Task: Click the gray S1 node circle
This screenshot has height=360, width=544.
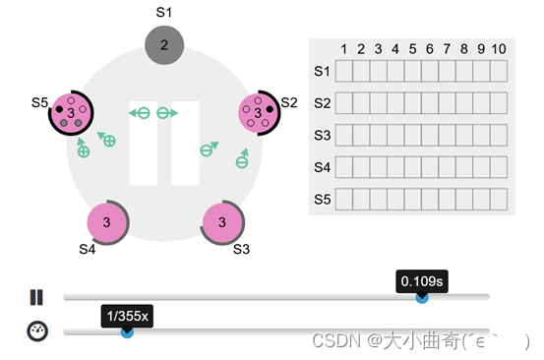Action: tap(164, 44)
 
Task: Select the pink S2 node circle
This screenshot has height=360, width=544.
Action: tap(258, 114)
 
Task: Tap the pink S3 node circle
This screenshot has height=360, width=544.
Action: tap(221, 222)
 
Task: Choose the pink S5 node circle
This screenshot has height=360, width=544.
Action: tap(71, 114)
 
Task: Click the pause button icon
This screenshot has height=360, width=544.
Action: tap(37, 297)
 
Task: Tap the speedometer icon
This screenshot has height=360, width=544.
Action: tap(37, 331)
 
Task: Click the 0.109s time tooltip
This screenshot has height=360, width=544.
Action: tap(422, 282)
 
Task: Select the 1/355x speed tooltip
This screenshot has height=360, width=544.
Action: tap(127, 317)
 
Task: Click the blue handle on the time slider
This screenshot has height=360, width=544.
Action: tap(422, 296)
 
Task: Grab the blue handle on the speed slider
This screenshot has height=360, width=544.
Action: tap(127, 331)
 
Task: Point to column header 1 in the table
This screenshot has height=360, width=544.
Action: tap(343, 49)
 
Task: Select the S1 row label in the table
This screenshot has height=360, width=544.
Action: tap(322, 71)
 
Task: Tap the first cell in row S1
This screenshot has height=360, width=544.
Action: tap(343, 71)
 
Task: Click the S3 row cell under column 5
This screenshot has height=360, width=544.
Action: tap(413, 135)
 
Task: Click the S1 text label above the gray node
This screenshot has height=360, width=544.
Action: tap(164, 12)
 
